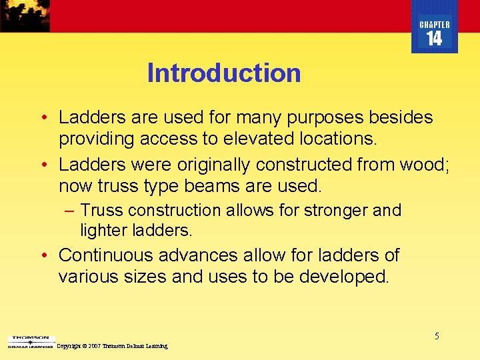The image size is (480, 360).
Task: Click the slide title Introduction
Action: (224, 73)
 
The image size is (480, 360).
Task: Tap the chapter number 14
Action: (434, 39)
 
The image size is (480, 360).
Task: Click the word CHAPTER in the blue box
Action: (434, 25)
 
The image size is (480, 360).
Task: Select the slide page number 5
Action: (437, 336)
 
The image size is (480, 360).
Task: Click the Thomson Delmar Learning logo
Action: (29, 342)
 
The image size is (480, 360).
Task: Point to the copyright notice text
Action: (112, 347)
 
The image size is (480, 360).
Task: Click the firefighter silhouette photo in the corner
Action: (25, 15)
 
